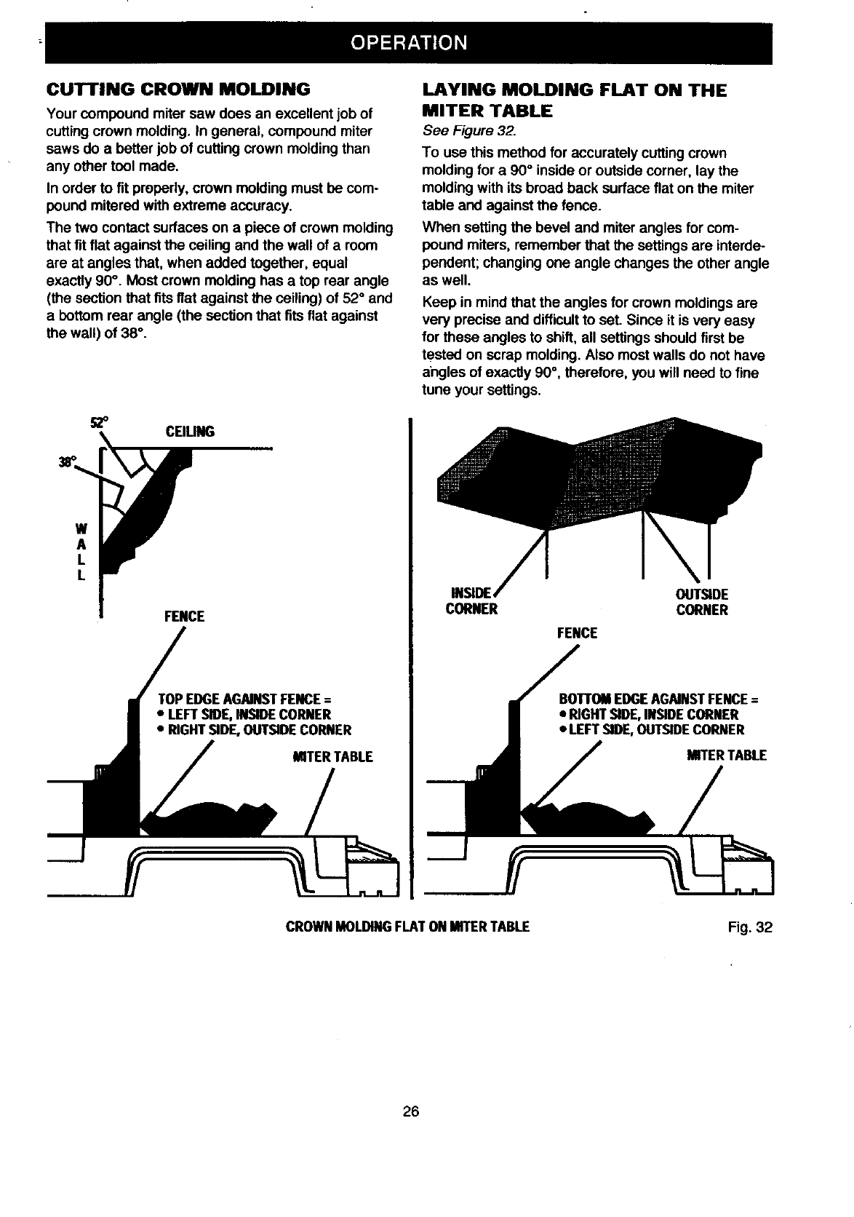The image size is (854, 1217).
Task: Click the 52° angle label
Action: (95, 422)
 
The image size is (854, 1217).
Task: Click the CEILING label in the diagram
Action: (190, 432)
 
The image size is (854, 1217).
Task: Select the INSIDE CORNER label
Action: (471, 602)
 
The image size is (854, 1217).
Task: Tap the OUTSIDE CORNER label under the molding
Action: (702, 602)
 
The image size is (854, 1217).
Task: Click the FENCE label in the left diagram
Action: (184, 617)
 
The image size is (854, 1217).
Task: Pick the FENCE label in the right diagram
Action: (577, 633)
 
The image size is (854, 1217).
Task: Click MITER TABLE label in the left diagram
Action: (332, 757)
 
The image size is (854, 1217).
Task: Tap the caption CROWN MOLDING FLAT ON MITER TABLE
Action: (407, 927)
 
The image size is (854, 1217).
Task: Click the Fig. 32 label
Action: (749, 927)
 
